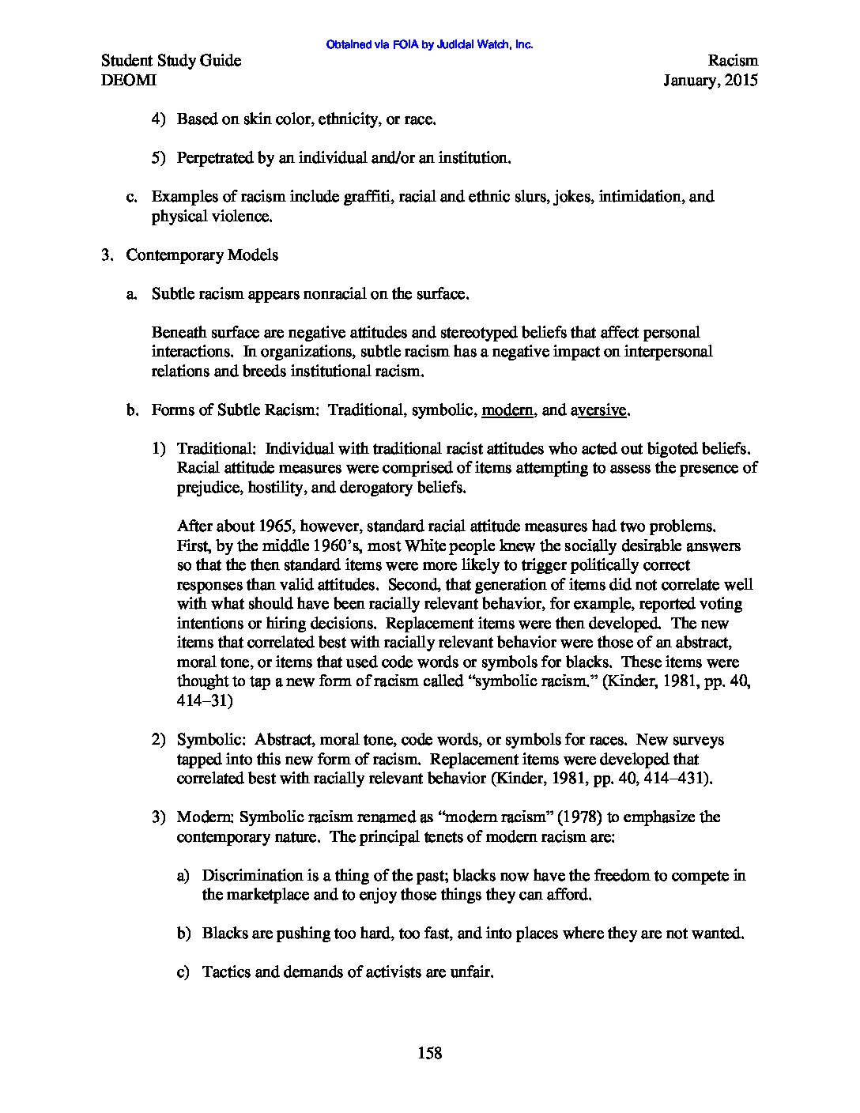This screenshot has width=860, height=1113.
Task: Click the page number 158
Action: pos(429,1053)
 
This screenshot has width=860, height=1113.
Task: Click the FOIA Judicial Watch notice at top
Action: pos(429,45)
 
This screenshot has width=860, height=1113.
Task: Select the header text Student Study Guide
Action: pos(172,61)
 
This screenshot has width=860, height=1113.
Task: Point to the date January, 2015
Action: pos(711,80)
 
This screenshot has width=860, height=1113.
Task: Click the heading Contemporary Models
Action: pos(202,255)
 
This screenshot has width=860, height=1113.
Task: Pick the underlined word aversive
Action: pos(602,410)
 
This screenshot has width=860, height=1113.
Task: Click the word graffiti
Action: pos(368,196)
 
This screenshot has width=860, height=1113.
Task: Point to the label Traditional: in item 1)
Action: pos(217,449)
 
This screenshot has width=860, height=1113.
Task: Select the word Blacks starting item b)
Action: pos(225,933)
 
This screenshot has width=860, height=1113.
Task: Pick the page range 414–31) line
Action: pos(205,700)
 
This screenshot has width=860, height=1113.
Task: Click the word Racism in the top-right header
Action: pos(733,61)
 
